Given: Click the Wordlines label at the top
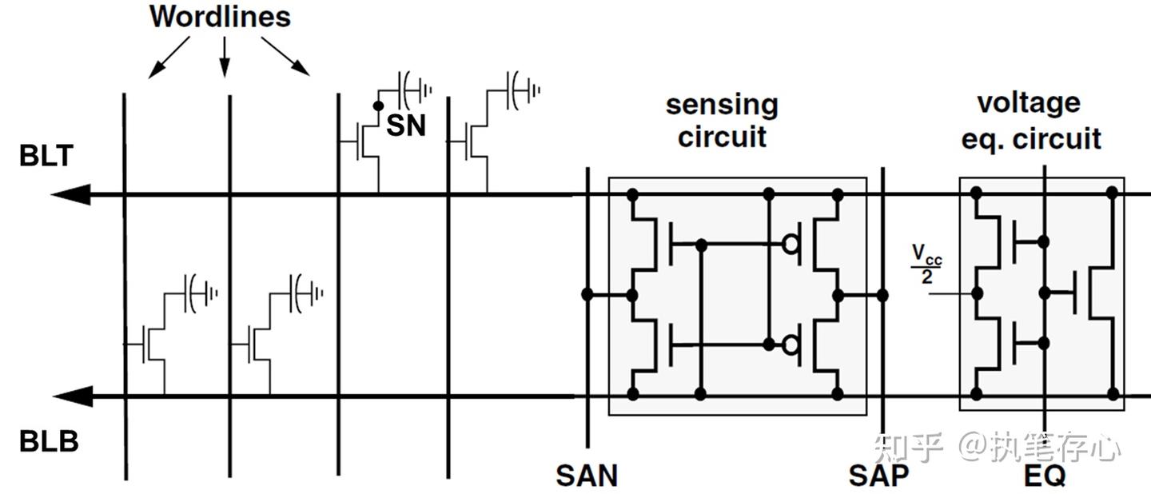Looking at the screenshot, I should pos(220,17).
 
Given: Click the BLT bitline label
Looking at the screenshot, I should pos(46,156).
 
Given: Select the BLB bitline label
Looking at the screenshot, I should pos(49,441).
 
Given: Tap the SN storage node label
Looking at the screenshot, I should pos(406,125).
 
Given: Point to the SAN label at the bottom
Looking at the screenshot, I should pos(587,476).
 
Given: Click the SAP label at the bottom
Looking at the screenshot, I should pos(878,476).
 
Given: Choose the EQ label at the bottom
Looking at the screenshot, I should pos(1044,476).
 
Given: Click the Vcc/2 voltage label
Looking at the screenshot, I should pos(927,265).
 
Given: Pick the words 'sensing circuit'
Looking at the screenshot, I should pos(722,120).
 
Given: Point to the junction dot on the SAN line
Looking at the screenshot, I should pos(587,295).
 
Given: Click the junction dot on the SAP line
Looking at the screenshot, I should pos(882,295).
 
